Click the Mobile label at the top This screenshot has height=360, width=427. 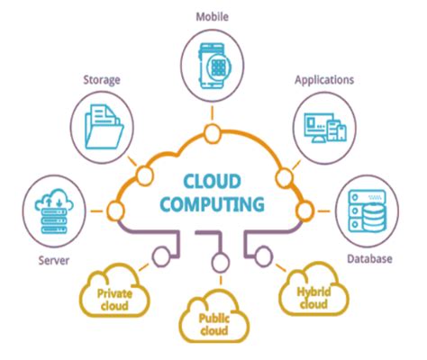tap(212, 17)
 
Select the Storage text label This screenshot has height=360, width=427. tap(102, 80)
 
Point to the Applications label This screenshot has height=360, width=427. tap(324, 80)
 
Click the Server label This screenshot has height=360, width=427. tap(54, 260)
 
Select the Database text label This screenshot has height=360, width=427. tap(369, 258)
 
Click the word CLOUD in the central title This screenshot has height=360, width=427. tap(213, 181)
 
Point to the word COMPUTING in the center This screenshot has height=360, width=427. tap(213, 204)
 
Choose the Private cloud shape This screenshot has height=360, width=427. tap(114, 292)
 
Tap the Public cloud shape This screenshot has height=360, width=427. tap(214, 317)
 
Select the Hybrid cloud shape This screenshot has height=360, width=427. tap(313, 291)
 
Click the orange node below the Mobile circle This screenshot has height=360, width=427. tap(213, 133)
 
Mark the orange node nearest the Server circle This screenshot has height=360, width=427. tap(115, 211)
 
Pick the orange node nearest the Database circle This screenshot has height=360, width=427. tap(305, 211)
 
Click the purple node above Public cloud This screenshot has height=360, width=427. tap(221, 263)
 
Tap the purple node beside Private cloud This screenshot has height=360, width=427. tap(161, 256)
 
